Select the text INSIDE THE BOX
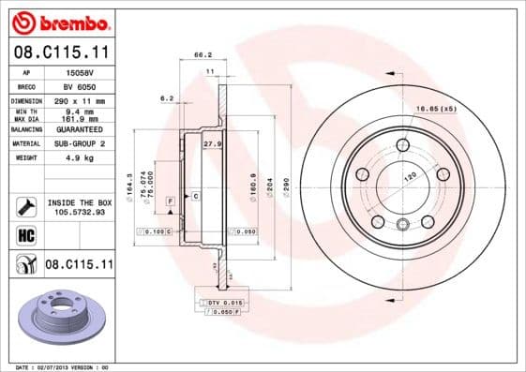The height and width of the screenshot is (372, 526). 78,202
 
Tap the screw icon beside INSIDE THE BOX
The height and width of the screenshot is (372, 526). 23,206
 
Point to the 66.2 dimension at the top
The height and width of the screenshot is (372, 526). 199,55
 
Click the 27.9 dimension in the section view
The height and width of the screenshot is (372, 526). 212,144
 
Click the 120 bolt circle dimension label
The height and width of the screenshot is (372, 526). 409,175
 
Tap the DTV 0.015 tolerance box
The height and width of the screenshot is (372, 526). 226,302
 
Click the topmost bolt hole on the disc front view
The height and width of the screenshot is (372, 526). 402,144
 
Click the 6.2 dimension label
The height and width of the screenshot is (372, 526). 167,98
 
